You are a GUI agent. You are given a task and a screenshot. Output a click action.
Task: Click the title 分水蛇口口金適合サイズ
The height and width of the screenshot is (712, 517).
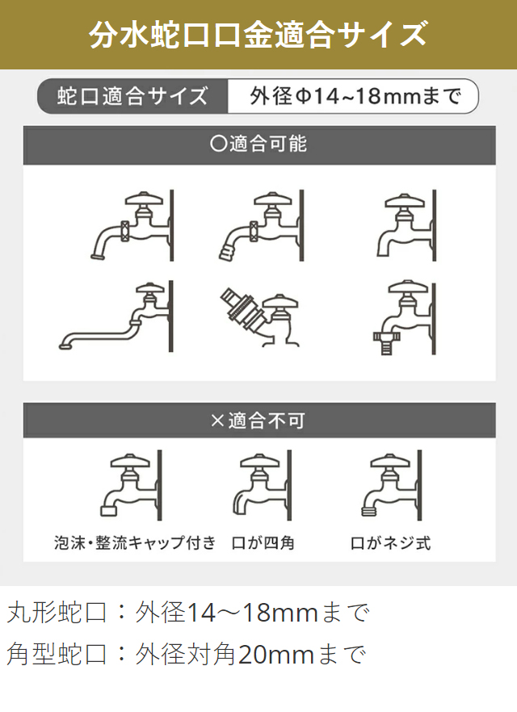pyautogui.click(x=258, y=35)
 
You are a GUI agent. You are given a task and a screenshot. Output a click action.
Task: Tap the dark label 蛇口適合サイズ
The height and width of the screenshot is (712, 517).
pyautogui.click(x=132, y=96)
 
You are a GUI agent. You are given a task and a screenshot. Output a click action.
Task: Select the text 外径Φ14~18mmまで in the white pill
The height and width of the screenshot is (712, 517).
pyautogui.click(x=355, y=96)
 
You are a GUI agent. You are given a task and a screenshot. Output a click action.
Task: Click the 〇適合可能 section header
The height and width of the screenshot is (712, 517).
pyautogui.click(x=259, y=144)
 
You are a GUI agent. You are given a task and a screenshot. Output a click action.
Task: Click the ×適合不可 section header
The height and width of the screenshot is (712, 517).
pyautogui.click(x=259, y=421)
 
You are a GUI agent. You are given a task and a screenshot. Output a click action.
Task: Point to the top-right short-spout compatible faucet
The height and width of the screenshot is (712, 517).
pyautogui.click(x=406, y=226)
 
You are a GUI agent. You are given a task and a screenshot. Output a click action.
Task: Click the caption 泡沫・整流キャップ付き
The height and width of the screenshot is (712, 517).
pyautogui.click(x=135, y=542)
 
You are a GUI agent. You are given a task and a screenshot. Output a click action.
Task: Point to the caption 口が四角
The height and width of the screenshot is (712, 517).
pyautogui.click(x=263, y=542)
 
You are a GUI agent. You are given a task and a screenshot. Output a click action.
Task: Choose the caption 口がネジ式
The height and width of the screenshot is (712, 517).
pyautogui.click(x=391, y=542)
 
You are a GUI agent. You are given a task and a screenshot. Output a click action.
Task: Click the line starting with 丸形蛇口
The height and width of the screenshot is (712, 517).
pyautogui.click(x=188, y=612)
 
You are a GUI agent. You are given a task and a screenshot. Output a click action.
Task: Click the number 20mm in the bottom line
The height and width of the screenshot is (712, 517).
pyautogui.click(x=275, y=655)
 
